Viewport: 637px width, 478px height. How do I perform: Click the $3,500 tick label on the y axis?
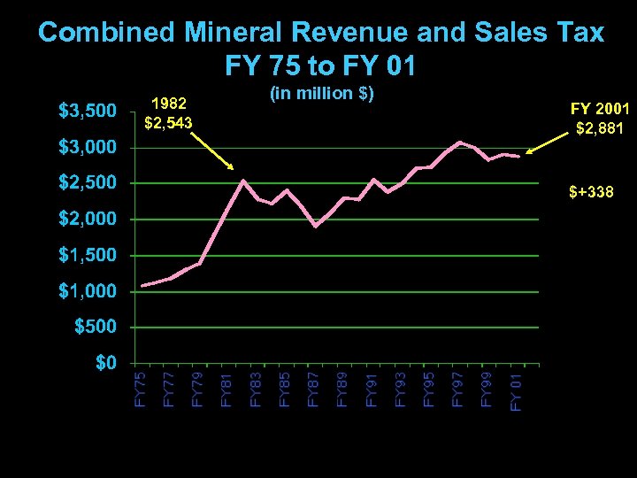87,112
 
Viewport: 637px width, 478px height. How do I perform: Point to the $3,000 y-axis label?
87,147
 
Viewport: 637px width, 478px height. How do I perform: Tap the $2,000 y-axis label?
87,220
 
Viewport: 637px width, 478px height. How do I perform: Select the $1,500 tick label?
87,256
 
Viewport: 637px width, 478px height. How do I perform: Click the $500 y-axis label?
94,328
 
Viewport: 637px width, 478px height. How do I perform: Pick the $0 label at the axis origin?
105,364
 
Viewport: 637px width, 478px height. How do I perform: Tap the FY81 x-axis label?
227,389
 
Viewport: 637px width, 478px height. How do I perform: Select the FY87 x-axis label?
314,389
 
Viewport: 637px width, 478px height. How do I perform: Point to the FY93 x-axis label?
401,389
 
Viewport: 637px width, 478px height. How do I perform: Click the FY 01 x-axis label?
517,391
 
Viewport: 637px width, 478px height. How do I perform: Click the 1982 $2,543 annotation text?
168,112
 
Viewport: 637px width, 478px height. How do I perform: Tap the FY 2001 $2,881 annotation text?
600,119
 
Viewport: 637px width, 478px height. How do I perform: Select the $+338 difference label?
591,191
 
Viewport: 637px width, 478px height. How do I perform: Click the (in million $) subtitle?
320,94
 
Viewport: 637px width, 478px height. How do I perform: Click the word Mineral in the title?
233,33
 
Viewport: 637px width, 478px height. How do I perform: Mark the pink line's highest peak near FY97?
459,142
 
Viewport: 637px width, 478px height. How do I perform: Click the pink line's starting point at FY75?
142,286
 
